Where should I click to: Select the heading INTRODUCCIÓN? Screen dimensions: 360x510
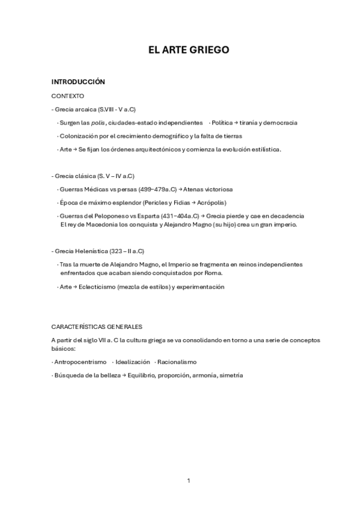tap(78, 82)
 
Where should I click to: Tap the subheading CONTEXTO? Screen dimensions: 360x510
tap(68, 96)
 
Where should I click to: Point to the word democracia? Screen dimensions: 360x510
tap(280, 123)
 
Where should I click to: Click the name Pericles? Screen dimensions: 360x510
tap(140, 202)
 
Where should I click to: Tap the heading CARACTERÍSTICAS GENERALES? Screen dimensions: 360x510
tap(97, 327)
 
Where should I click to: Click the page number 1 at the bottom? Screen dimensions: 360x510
tap(188, 480)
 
